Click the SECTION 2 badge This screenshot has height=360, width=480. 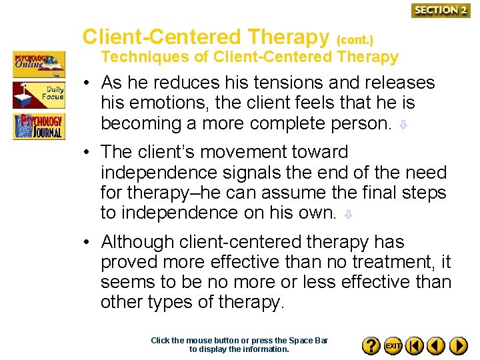tap(441, 10)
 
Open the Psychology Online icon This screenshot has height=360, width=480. tap(39, 64)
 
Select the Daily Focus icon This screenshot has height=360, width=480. tap(39, 95)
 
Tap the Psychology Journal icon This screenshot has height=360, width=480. tap(39, 125)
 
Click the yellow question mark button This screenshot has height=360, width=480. tap(371, 346)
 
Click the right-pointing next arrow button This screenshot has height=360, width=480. tap(458, 346)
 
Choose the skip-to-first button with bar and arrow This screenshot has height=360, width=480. tap(415, 346)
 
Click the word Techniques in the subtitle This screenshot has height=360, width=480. tap(145, 57)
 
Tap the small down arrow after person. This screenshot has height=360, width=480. tap(402, 125)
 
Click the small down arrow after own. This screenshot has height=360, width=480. tap(347, 214)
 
